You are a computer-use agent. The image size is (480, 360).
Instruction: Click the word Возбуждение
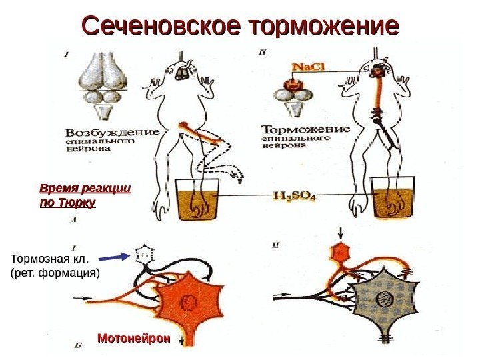113,131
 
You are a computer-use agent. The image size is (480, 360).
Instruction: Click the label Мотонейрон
133,339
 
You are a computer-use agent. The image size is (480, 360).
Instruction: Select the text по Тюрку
68,201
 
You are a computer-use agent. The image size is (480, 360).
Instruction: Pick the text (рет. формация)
55,273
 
